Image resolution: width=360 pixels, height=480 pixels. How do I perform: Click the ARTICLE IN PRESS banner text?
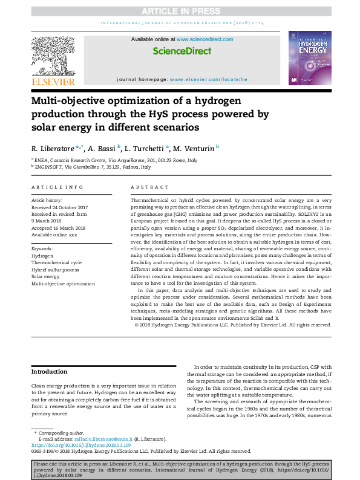tap(180, 11)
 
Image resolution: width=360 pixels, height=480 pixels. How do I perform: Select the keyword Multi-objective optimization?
tap(63, 283)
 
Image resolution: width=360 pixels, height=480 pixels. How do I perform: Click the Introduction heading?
tap(49, 372)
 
